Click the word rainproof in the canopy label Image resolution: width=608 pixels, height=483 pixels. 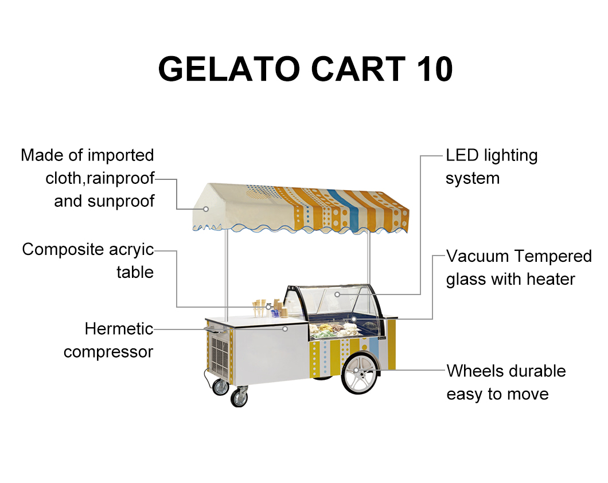(120, 178)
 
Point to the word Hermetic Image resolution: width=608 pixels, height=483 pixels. (119, 329)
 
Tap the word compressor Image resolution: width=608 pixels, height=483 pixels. (108, 351)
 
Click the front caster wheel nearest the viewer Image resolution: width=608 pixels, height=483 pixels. (239, 397)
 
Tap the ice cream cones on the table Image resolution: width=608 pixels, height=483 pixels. (261, 307)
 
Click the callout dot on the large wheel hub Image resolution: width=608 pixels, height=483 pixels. (356, 371)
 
